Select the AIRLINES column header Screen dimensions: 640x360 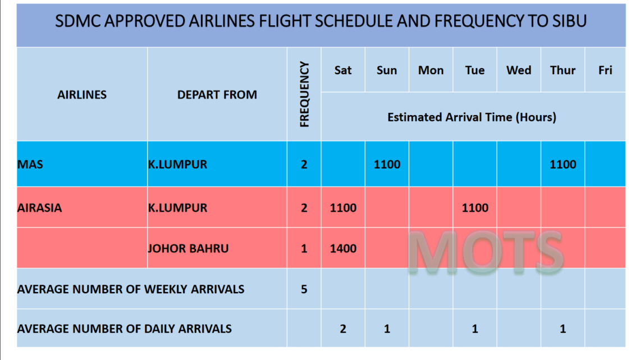pos(81,95)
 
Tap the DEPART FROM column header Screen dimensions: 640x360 pos(217,95)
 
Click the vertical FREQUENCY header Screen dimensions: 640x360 pos(304,94)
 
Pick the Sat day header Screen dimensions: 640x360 pos(343,70)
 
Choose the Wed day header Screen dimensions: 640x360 pos(518,70)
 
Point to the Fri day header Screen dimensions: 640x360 pos(605,70)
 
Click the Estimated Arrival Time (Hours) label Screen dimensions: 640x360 pos(472,117)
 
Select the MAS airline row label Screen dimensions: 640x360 pos(30,165)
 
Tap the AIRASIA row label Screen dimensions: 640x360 pos(39,208)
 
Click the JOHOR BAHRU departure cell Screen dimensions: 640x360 pos(188,249)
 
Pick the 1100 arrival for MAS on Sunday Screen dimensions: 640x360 pos(387,165)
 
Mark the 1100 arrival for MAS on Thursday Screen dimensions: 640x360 pos(563,165)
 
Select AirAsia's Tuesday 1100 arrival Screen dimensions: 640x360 pos(475,208)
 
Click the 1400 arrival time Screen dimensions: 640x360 pos(343,249)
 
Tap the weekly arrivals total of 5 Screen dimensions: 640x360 pos(304,289)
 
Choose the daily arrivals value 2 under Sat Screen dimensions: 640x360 pos(343,329)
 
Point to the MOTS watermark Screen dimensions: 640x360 pos(486,252)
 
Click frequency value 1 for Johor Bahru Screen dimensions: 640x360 pos(304,249)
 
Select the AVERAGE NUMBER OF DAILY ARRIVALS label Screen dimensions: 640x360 pos(124,329)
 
